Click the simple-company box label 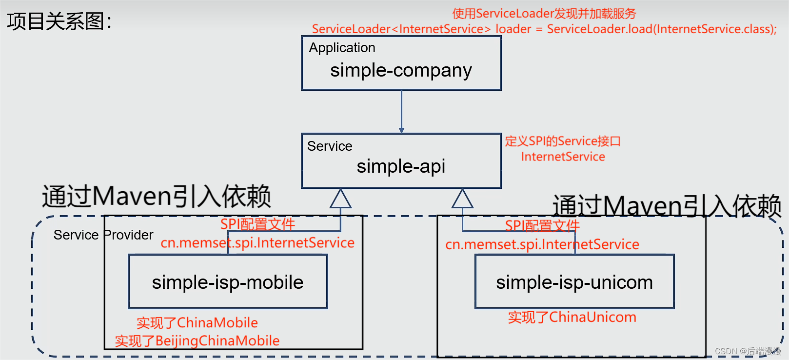coord(401,71)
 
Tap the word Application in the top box coord(342,48)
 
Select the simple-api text coord(401,166)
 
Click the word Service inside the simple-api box coord(330,146)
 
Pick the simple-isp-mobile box coord(228,282)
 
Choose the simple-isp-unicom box coord(574,282)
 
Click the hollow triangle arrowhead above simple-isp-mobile coord(340,199)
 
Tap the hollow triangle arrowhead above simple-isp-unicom coord(462,199)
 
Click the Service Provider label coord(103,235)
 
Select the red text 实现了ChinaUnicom coord(572,317)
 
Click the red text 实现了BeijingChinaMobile coord(197,341)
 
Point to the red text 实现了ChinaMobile coord(197,323)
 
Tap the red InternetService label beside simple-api coord(563,157)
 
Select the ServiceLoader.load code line coord(544,29)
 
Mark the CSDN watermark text coord(748,351)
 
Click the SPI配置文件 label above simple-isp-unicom coord(542,226)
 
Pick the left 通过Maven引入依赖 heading coord(156,197)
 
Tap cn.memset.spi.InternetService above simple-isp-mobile coord(257,243)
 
